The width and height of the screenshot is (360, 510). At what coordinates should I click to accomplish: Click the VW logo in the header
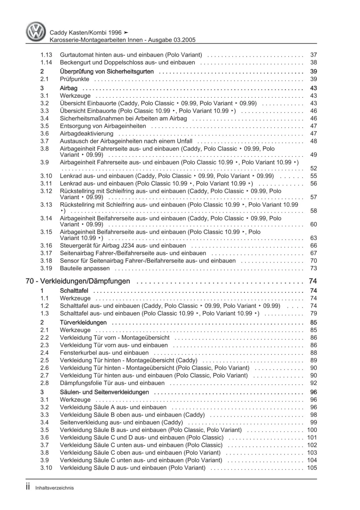point(36,32)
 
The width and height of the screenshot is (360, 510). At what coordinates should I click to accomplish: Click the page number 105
point(312,468)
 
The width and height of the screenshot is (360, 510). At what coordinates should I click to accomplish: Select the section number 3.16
point(46,246)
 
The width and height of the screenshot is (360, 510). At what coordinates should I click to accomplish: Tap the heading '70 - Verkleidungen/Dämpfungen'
point(78,281)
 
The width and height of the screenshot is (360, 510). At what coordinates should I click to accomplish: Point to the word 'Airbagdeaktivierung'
point(86,134)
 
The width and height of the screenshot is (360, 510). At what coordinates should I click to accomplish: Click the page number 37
point(314,55)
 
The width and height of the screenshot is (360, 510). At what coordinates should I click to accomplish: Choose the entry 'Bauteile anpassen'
point(85,268)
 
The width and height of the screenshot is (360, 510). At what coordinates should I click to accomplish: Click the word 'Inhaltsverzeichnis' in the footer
point(54,488)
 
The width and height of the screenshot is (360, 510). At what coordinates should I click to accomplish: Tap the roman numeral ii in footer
point(28,487)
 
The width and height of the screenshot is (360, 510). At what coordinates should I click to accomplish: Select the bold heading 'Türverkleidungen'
point(83,323)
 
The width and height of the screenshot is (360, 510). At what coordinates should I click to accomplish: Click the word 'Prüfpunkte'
point(74,79)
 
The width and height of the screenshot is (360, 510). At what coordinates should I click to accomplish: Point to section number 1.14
point(46,62)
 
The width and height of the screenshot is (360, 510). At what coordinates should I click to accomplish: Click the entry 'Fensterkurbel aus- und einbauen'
point(104,353)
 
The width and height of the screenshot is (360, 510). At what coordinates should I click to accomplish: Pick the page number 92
point(314,383)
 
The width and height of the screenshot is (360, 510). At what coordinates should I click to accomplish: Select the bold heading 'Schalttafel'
point(74,291)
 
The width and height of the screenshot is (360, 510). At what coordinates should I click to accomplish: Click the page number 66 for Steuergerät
point(314,246)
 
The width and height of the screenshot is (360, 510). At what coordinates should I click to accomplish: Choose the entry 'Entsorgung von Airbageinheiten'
point(103,126)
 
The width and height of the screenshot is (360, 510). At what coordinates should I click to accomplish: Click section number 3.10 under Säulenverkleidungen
point(46,468)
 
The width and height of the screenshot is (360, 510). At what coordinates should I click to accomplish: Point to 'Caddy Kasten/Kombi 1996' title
point(85,32)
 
